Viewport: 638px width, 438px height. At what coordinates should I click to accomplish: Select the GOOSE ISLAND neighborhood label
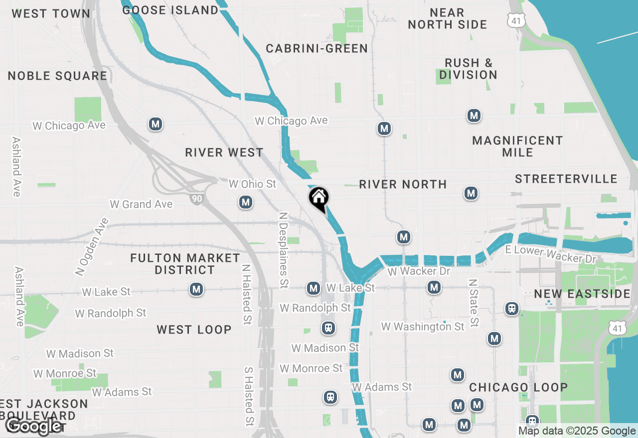[170, 10]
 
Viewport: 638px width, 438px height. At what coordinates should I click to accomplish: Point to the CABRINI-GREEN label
[317, 48]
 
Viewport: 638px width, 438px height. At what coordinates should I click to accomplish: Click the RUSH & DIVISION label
[468, 69]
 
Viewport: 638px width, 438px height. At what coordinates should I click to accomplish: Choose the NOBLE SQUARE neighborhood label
[57, 76]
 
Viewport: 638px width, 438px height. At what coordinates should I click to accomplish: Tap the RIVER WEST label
[224, 152]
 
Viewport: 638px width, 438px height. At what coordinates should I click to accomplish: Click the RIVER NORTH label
[403, 184]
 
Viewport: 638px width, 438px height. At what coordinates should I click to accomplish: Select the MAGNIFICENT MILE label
[517, 146]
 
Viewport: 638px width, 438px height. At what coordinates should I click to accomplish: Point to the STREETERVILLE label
[566, 179]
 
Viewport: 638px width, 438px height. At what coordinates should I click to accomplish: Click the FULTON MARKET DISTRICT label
[185, 264]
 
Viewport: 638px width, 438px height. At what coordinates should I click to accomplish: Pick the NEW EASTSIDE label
[582, 294]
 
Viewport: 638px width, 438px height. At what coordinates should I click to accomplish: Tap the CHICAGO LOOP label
[518, 387]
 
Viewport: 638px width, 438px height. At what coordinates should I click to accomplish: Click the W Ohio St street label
[252, 184]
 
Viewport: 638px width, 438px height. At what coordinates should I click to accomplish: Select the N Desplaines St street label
[284, 250]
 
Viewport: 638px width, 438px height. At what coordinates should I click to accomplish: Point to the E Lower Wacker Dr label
[551, 254]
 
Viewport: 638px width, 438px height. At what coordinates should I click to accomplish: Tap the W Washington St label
[423, 327]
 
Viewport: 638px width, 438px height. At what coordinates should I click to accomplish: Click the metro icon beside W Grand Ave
[245, 202]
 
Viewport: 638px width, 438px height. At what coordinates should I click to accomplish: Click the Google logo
[34, 426]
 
